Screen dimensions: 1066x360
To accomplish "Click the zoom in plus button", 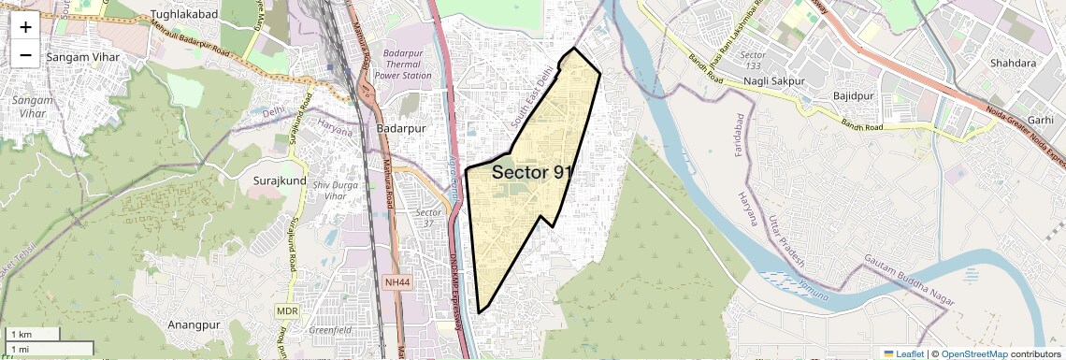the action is (x=25, y=26).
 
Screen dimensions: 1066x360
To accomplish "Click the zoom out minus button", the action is (x=25, y=54).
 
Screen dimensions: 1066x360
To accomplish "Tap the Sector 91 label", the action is (x=531, y=172).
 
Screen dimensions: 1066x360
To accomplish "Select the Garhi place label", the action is (x=1040, y=120).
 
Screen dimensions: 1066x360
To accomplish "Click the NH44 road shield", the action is (x=396, y=281).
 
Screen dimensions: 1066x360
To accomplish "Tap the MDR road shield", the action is (x=286, y=310).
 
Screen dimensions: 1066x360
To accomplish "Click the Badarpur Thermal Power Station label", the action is (x=402, y=65).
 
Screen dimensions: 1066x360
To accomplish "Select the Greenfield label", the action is (x=331, y=330).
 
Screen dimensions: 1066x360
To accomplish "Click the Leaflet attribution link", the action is (x=902, y=353).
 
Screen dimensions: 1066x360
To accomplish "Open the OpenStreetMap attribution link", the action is (x=973, y=353).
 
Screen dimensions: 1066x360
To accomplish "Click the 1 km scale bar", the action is (x=32, y=334).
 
